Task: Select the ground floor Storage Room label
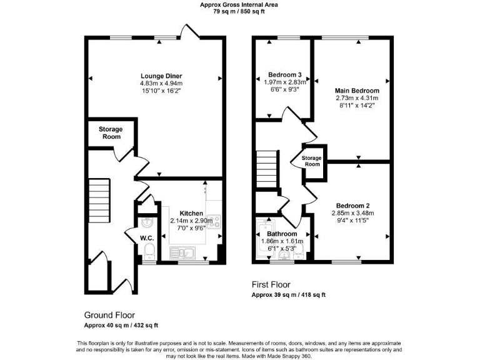111,132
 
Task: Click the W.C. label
147,238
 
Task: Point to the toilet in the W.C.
149,252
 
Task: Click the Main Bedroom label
357,91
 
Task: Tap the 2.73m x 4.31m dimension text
357,98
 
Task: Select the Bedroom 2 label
353,206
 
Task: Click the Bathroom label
282,233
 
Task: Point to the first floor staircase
267,166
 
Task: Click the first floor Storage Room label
311,161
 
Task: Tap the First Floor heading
270,285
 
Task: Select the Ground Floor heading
109,315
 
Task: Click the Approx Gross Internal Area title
239,4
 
